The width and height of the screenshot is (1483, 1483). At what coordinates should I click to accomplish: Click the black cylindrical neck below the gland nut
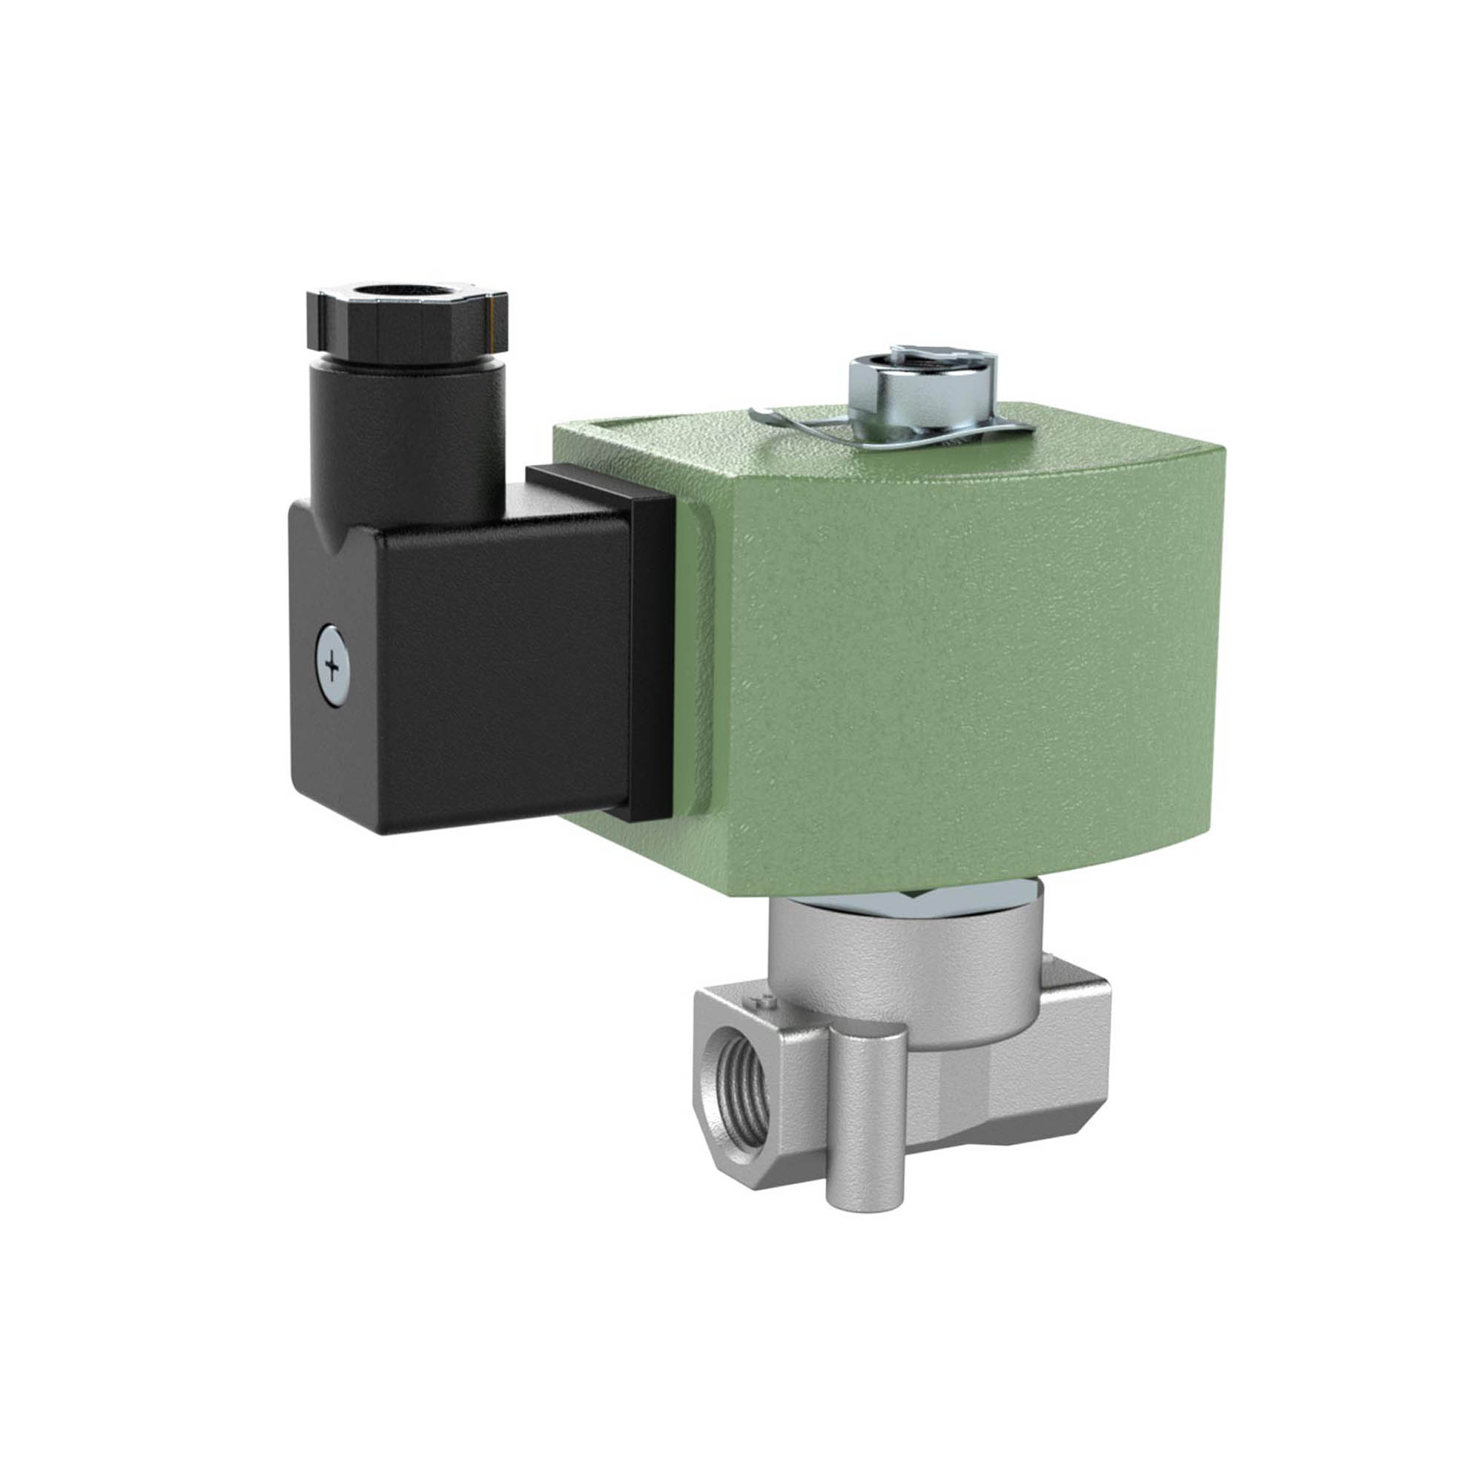[407, 430]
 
